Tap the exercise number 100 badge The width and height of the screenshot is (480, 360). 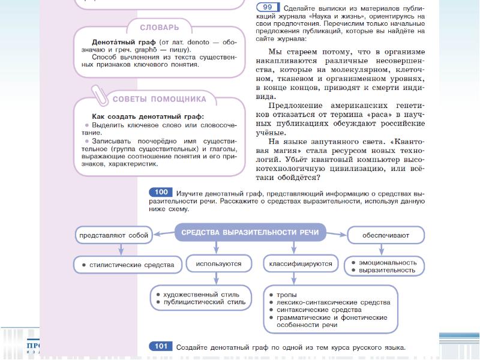pos(161,192)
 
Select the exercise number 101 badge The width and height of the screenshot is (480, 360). pos(161,347)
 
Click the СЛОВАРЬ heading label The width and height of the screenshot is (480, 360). pos(159,28)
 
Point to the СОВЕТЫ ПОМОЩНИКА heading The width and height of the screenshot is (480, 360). pos(160,98)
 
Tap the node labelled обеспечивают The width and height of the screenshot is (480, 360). pos(385,236)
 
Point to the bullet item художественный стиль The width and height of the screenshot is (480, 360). pos(201,295)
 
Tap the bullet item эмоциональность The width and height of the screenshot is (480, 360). pos(387,262)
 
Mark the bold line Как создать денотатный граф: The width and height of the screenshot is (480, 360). pos(148,116)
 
